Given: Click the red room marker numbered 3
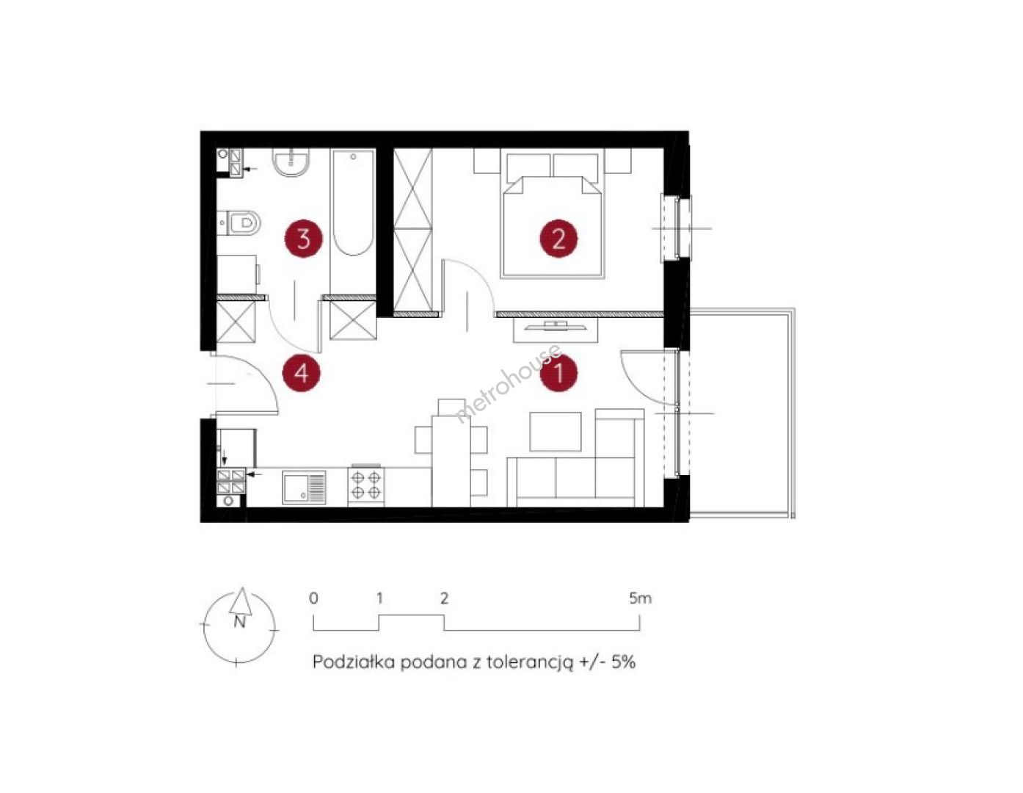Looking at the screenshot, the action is [x=304, y=239].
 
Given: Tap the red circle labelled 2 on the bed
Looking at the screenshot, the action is [x=558, y=239].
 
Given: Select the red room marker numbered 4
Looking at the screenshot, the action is [x=302, y=374].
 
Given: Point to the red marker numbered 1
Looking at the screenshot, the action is [x=558, y=372].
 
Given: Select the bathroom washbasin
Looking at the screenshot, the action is [x=291, y=162].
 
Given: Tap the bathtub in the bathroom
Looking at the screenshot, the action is [x=353, y=203].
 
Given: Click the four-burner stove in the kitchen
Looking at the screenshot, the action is [x=366, y=485].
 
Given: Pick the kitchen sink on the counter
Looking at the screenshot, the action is [x=304, y=488].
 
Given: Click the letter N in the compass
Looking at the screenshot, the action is [x=240, y=622].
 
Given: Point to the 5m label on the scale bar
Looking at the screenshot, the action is [x=640, y=598].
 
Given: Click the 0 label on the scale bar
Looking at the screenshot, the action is [x=313, y=598].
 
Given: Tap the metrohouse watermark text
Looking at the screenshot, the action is [x=508, y=384].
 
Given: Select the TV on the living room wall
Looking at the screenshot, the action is [x=556, y=326].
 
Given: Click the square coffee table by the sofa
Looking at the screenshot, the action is [x=556, y=431].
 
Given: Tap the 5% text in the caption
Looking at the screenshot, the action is [x=623, y=662].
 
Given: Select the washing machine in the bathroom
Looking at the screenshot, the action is [x=238, y=274].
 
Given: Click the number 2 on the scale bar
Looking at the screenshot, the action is [x=444, y=598].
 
